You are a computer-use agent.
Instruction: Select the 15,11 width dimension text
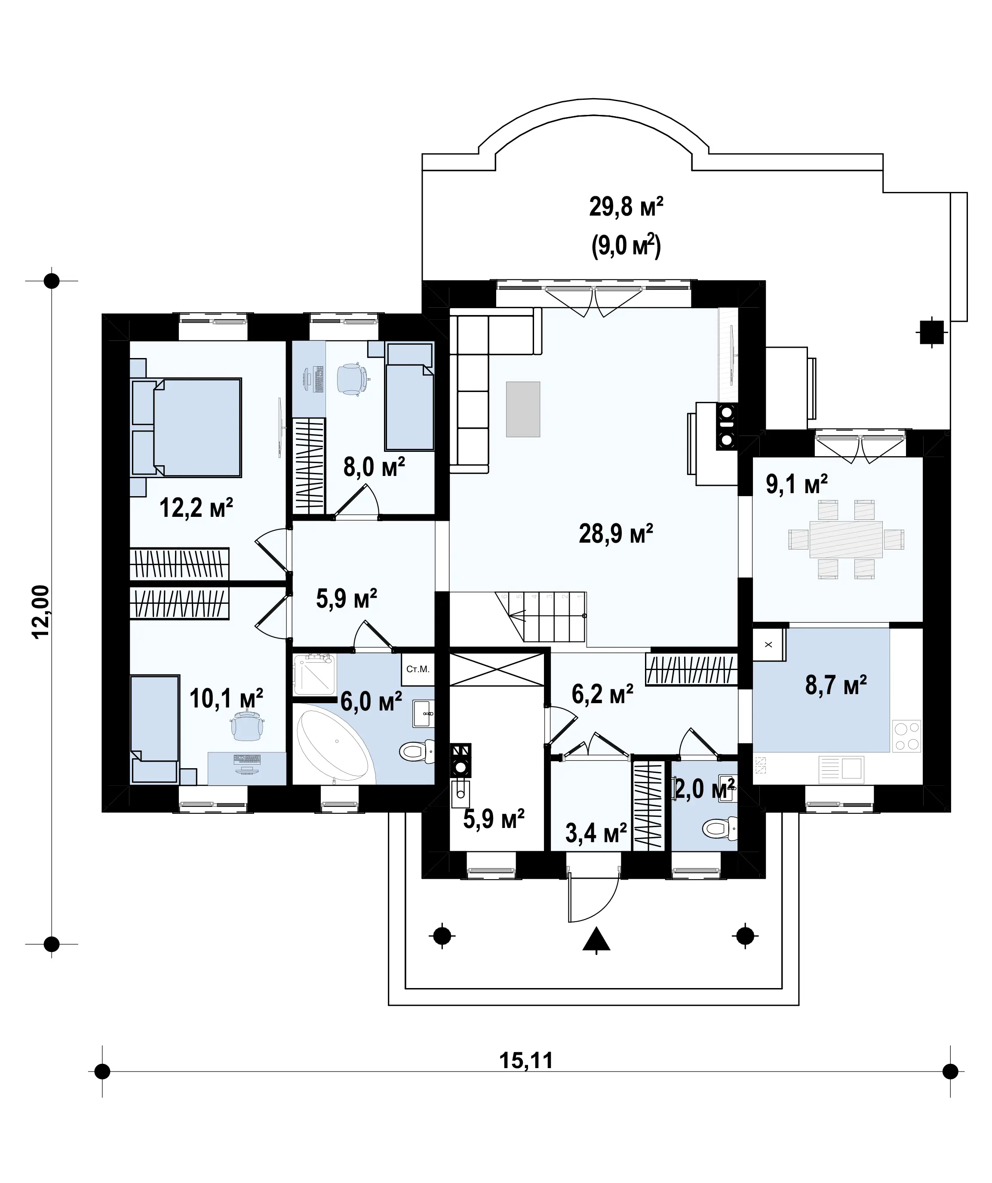[526, 1060]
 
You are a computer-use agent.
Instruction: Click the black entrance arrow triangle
[596, 939]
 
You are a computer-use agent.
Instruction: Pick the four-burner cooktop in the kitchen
[906, 736]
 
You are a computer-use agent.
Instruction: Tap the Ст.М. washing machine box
[418, 669]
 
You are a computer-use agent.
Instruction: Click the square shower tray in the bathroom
[315, 674]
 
